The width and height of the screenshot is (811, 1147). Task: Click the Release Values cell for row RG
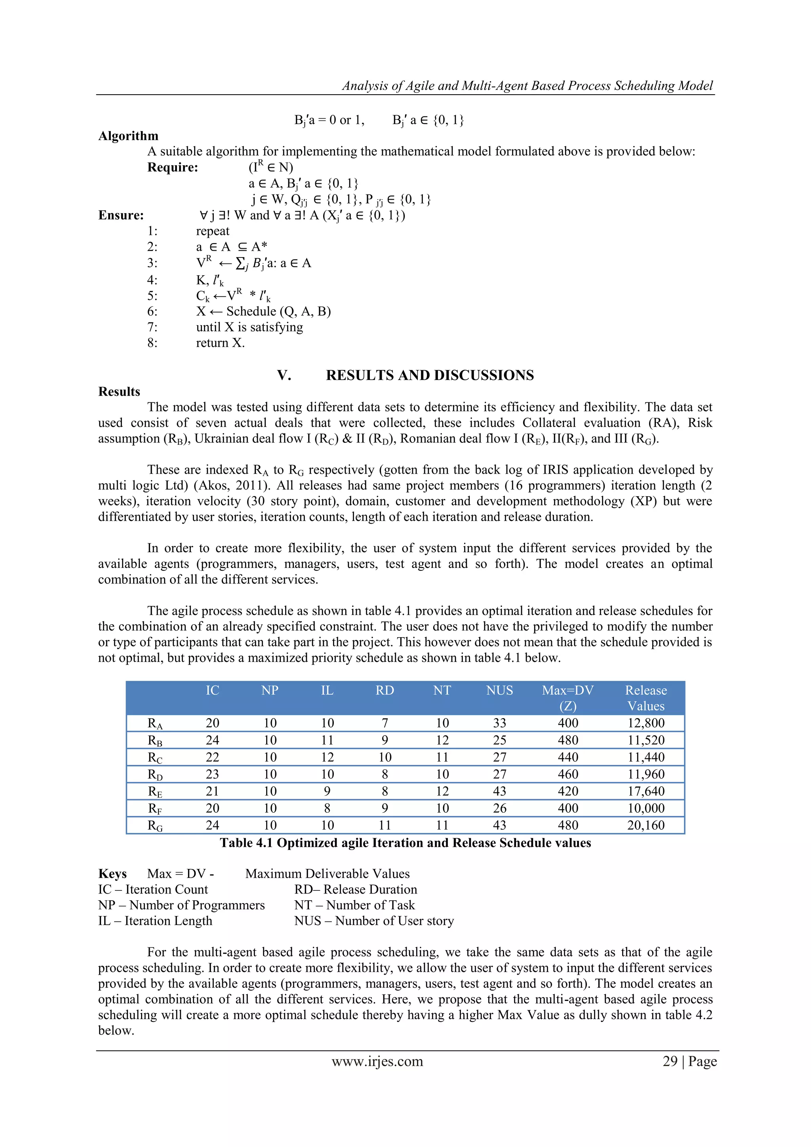tap(646, 825)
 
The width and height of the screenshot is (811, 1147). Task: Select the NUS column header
tap(499, 690)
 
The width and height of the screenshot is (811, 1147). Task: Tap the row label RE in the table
tap(155, 791)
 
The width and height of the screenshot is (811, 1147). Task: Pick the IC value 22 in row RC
tap(212, 757)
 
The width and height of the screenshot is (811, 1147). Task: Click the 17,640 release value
tap(646, 791)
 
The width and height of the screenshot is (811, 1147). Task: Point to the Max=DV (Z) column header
tap(568, 698)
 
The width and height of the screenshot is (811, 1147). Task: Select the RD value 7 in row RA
tap(385, 723)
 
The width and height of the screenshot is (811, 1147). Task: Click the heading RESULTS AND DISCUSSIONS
tap(430, 375)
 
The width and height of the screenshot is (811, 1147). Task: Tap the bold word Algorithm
tap(128, 136)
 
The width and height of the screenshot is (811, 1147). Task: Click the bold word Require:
tap(172, 168)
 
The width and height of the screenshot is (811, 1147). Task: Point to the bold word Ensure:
tap(121, 215)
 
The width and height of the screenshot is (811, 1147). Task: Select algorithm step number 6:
tap(152, 311)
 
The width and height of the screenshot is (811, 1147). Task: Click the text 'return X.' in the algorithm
tap(220, 343)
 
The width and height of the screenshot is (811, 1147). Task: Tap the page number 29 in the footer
tap(670, 1061)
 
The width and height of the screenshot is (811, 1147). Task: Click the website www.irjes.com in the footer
tap(377, 1061)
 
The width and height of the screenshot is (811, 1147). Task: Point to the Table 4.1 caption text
tap(405, 843)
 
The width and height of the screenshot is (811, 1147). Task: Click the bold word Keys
tap(112, 874)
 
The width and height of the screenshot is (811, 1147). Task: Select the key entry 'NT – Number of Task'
tap(354, 905)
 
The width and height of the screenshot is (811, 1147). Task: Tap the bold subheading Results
tap(119, 392)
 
